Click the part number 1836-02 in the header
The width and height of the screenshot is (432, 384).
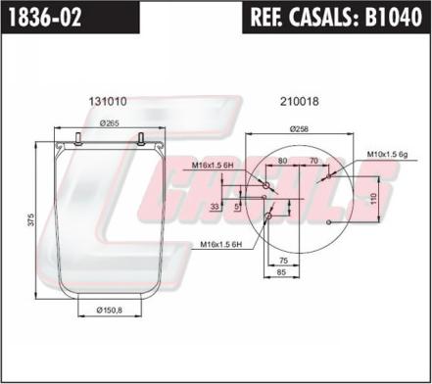tap(45, 17)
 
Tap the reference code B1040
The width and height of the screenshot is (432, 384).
tap(393, 17)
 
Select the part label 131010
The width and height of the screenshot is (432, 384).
tap(108, 101)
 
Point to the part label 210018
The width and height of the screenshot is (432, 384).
tap(300, 101)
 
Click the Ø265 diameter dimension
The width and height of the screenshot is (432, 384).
tap(110, 122)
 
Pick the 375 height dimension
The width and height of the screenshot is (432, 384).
tap(30, 219)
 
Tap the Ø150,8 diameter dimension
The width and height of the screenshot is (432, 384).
tap(110, 310)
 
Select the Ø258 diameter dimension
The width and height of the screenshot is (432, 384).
tap(299, 129)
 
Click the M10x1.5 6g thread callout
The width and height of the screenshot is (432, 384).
tap(388, 154)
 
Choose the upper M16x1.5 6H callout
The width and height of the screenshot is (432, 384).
tap(213, 166)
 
